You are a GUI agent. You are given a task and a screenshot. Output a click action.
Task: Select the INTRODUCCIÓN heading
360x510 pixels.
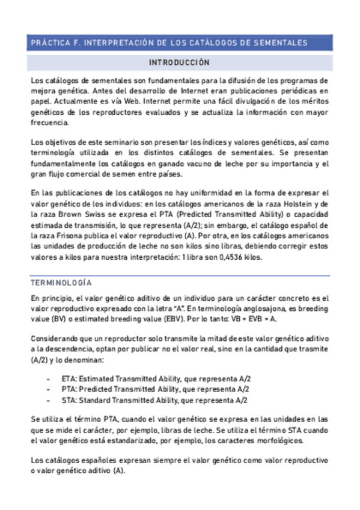[180, 63]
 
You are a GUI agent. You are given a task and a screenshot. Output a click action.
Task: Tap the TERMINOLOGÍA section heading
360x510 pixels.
[61, 282]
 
